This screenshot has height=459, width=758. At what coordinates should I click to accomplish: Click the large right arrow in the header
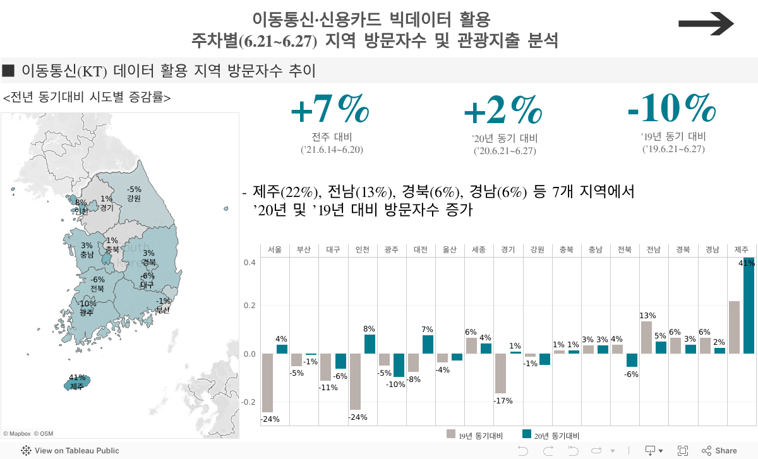(x=706, y=25)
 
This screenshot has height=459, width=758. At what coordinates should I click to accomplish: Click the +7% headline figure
(x=330, y=110)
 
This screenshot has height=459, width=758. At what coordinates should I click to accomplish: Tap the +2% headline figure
(x=503, y=110)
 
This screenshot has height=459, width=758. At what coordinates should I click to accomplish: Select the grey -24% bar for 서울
(x=267, y=383)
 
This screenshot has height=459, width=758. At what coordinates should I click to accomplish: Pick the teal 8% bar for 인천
(x=370, y=344)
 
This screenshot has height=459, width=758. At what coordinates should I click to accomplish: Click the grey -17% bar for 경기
(x=500, y=374)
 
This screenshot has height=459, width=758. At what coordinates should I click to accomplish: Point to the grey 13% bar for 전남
(x=646, y=338)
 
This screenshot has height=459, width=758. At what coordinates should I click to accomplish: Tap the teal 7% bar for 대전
(x=428, y=345)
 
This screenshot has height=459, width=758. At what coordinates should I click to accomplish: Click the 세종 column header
(x=479, y=250)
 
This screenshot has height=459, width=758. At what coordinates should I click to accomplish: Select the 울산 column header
(x=450, y=250)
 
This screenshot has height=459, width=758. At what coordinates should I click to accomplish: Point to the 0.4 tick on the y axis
(x=250, y=262)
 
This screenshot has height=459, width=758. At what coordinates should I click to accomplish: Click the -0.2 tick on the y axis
(x=248, y=402)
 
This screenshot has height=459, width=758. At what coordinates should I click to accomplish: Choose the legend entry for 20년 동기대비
(x=550, y=435)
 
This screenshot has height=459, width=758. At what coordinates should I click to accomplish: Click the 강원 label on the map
(x=133, y=198)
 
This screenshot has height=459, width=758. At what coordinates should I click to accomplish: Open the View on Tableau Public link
(x=70, y=451)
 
